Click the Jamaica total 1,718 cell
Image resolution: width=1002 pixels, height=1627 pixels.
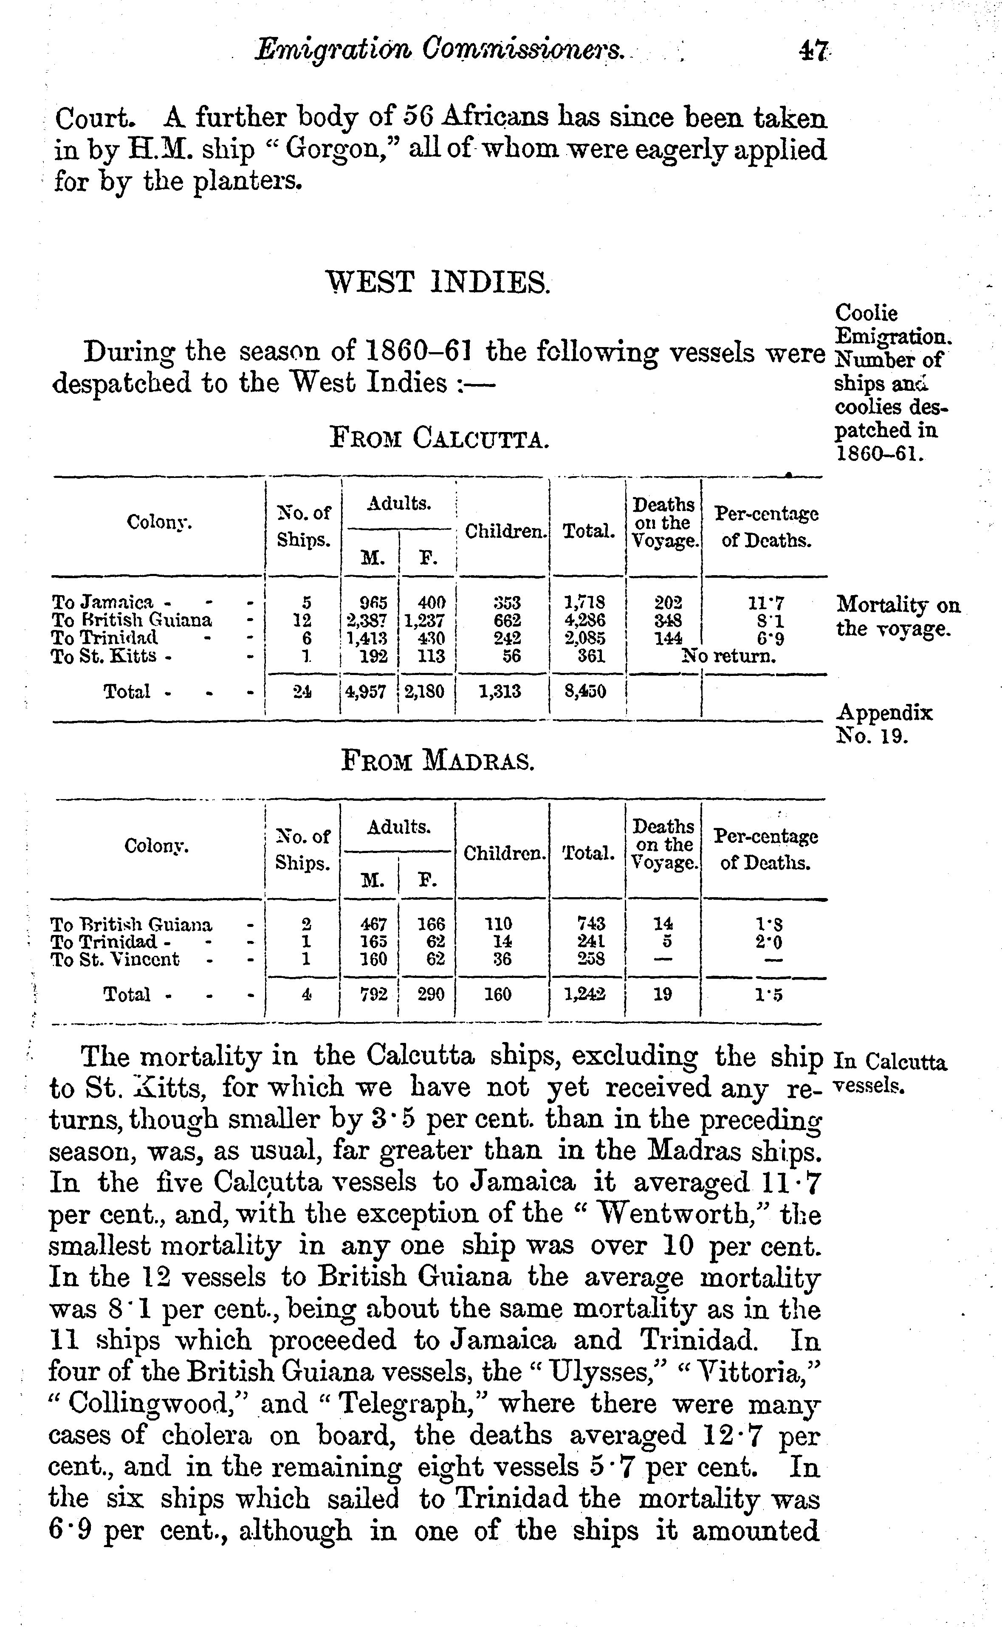585,602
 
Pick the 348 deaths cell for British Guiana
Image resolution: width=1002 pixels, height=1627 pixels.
664,620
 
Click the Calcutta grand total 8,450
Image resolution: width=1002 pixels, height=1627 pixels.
585,692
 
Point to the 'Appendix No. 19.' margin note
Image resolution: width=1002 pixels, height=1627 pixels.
885,724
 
